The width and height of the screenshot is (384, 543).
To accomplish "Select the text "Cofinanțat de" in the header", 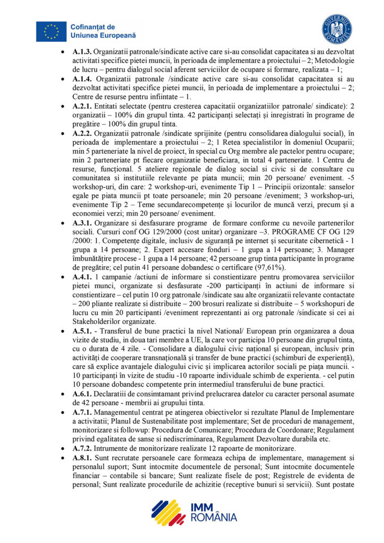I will click(92, 27).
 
